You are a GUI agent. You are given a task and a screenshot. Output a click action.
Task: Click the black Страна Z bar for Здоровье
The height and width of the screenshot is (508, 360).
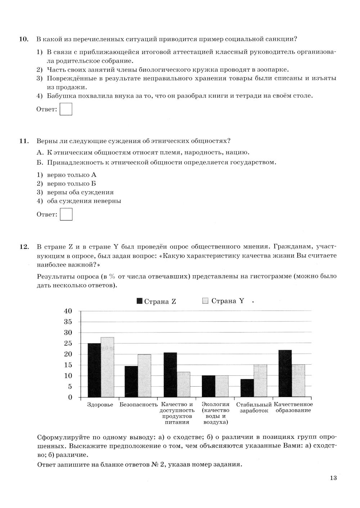94,370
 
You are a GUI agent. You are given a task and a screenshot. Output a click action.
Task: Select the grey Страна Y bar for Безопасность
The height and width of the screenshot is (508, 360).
144,376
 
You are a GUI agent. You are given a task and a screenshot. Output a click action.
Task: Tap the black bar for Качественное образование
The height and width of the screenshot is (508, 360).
285,374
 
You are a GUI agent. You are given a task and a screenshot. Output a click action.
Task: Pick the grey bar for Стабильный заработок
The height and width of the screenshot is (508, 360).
260,381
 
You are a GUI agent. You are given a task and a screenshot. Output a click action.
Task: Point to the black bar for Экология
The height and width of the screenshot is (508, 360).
208,386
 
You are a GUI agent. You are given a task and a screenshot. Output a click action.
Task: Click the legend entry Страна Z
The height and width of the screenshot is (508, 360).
157,302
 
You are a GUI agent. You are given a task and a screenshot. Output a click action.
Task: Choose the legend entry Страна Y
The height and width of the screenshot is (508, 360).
224,301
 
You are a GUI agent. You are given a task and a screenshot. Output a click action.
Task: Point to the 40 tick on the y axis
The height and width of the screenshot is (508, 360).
68,311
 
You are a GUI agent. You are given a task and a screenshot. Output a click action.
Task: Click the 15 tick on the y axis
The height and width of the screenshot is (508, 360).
68,365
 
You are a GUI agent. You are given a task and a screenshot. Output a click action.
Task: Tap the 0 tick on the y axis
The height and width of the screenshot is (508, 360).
70,397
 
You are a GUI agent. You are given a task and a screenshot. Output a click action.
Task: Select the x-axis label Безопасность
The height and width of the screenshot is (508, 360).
139,405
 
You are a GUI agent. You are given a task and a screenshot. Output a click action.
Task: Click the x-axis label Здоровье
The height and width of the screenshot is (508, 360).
100,405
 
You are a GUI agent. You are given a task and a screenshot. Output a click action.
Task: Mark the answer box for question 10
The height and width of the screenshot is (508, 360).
66,109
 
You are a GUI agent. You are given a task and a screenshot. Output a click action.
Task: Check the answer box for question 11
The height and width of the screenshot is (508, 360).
66,214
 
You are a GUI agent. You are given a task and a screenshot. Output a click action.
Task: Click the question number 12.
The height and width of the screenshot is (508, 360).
24,247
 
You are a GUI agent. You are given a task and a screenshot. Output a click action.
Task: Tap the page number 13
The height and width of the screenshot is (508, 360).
333,478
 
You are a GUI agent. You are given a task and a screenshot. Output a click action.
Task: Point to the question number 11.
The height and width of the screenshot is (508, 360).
24,141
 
